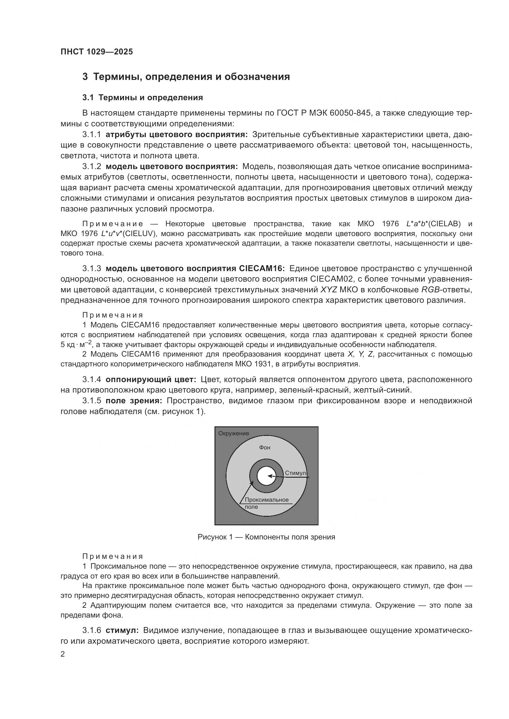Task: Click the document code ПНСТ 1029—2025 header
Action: (x=97, y=52)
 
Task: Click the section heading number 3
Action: (x=85, y=77)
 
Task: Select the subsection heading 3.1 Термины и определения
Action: (x=142, y=98)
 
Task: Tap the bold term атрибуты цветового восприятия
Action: (x=177, y=135)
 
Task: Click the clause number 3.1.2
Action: (x=91, y=166)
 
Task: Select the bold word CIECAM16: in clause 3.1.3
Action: (x=262, y=268)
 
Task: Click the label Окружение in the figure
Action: (x=234, y=433)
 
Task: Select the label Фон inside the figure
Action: (x=265, y=448)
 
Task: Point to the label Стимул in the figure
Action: (x=295, y=473)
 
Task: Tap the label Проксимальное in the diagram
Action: (x=267, y=500)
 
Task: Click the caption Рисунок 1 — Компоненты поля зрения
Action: (x=266, y=537)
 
